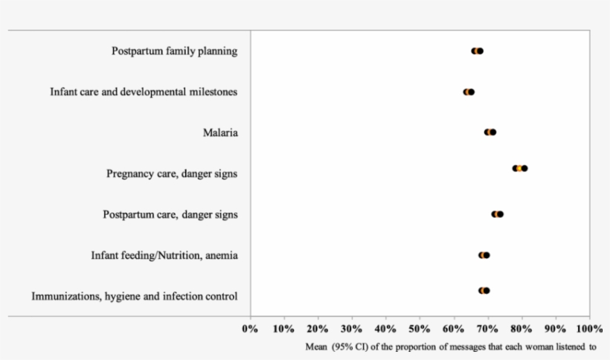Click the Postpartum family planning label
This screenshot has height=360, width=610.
click(175, 51)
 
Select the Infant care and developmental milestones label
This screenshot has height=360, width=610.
click(144, 92)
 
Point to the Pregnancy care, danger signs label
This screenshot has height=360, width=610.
click(172, 174)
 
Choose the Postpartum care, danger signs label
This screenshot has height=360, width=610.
click(170, 214)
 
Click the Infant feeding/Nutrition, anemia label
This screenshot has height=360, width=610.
click(164, 255)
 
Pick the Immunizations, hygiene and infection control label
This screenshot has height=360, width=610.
click(135, 296)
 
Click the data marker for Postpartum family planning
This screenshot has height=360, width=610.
click(478, 51)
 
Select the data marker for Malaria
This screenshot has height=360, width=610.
click(490, 132)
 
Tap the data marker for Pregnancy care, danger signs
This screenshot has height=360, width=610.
click(519, 168)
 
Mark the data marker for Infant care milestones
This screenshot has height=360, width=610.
click(469, 92)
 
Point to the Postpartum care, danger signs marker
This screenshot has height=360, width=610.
click(497, 214)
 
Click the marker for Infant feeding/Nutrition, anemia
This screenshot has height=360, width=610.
click(484, 255)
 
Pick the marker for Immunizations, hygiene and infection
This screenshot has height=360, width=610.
click(484, 291)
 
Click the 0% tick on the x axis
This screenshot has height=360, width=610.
click(250, 328)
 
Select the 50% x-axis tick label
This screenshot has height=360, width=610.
click(420, 328)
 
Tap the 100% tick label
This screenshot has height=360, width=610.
click(589, 328)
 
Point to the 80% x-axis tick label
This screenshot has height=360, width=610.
click(521, 328)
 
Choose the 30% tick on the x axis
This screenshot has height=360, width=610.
click(352, 328)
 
